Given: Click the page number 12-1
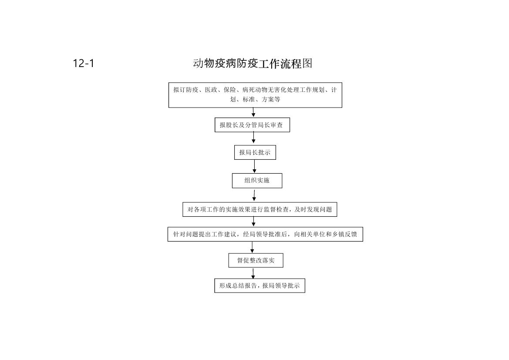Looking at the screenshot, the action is click(x=84, y=63).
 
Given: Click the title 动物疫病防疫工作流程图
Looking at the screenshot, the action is click(x=253, y=63).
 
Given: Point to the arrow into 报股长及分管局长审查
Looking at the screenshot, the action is click(x=253, y=112).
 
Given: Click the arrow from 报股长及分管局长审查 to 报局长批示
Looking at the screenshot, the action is click(x=253, y=138).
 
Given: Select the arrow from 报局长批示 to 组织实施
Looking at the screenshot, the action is click(x=254, y=166).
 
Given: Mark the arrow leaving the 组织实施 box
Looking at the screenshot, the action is click(x=254, y=195).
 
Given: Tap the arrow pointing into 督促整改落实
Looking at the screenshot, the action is click(x=252, y=247).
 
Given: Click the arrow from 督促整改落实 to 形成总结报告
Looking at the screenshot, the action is click(x=253, y=273).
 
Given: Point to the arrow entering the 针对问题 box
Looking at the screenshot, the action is click(x=253, y=222).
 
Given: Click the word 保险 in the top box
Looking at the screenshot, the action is click(x=230, y=90).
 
